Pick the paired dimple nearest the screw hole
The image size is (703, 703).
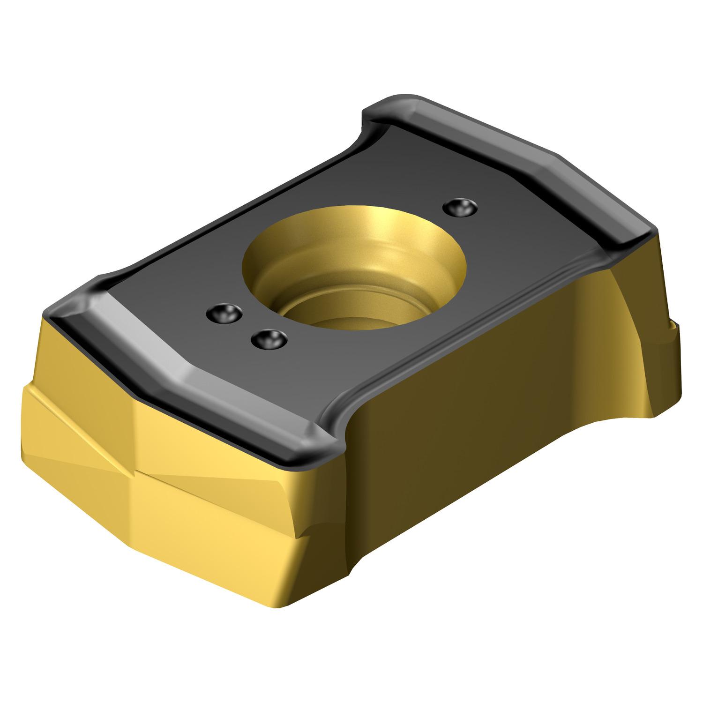pyautogui.click(x=269, y=338)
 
